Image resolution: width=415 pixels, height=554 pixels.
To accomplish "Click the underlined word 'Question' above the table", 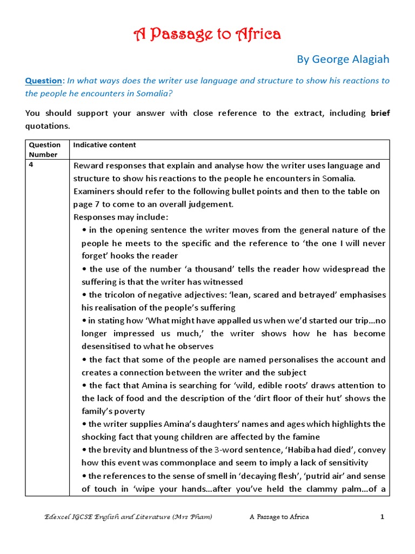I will (44, 81).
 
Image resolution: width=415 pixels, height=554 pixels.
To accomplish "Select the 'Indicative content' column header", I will (104, 145).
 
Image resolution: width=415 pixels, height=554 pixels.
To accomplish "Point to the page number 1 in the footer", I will (381, 517).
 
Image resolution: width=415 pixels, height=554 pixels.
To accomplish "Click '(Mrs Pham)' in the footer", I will (192, 517).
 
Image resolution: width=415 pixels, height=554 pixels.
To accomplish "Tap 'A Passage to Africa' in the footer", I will (279, 517).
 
